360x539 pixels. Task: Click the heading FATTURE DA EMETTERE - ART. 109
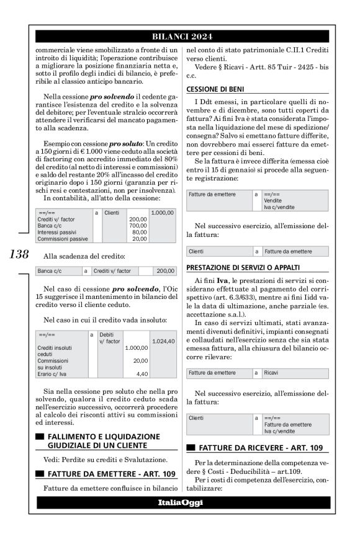coord(111,474)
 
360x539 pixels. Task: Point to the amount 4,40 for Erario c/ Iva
coord(141,374)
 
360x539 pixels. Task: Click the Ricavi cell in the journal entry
coord(272,373)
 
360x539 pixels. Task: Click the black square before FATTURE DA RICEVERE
coord(191,447)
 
